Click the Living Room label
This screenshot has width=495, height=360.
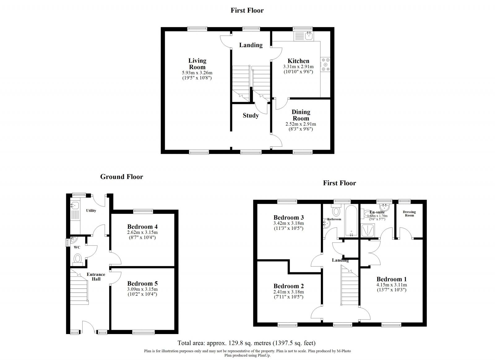(197, 64)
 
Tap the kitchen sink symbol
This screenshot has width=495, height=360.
(308, 36)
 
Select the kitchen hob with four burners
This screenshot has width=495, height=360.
(326, 64)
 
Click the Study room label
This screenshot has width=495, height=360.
(251, 115)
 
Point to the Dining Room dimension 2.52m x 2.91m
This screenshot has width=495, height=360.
(301, 124)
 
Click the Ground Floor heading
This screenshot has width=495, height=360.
(122, 177)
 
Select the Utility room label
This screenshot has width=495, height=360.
(91, 211)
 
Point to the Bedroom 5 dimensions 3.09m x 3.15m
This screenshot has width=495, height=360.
(142, 289)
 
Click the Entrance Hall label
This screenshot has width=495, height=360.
(96, 276)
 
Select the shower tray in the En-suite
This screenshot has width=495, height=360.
(368, 230)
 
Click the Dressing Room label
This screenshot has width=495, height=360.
(409, 213)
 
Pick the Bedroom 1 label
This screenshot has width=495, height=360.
(392, 279)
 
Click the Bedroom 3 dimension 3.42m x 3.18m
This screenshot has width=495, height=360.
(288, 223)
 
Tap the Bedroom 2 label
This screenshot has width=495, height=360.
(288, 286)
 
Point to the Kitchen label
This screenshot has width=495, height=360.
(298, 61)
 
